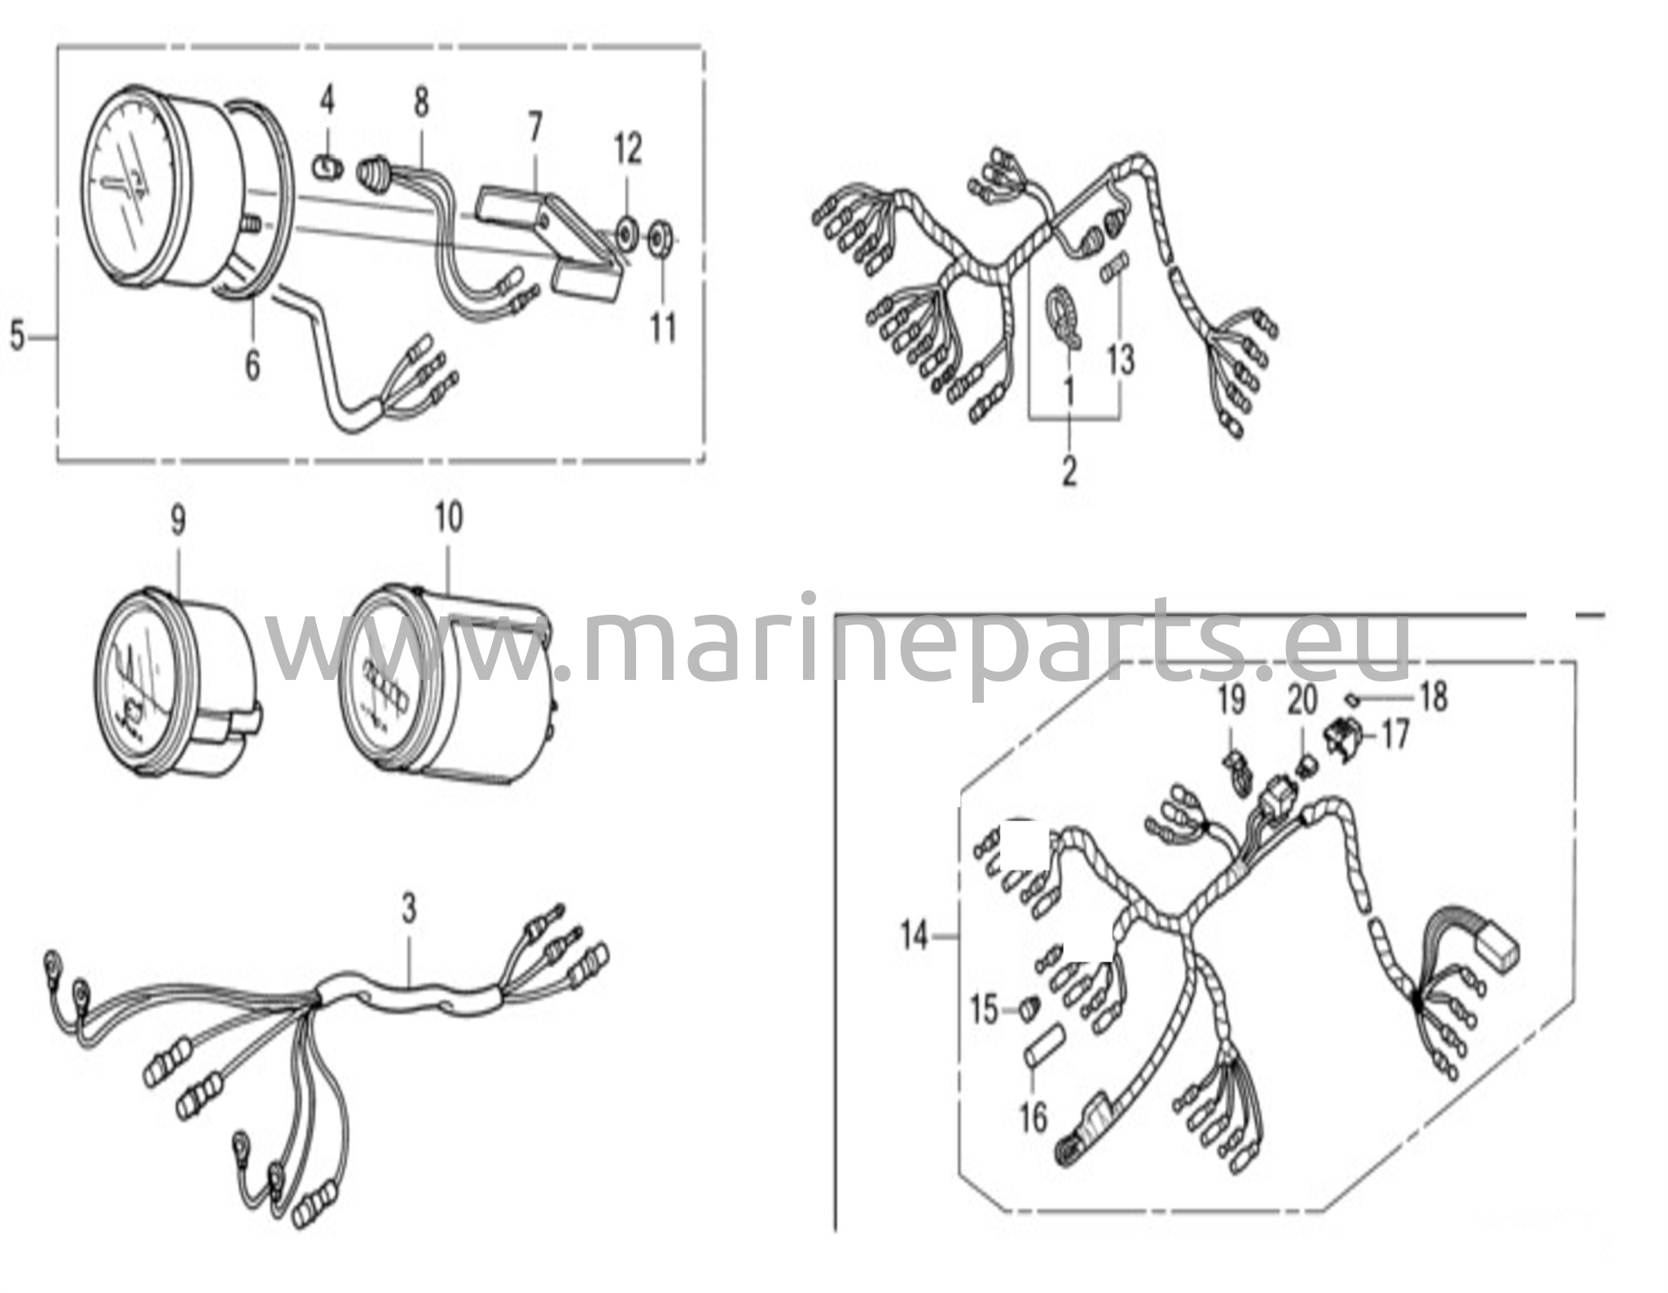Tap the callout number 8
420,103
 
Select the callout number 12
628,149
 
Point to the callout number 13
1121,359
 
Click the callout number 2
1069,471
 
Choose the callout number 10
449,518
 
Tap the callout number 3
409,909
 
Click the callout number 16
1033,1117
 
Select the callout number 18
1433,697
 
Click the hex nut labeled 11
658,240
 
